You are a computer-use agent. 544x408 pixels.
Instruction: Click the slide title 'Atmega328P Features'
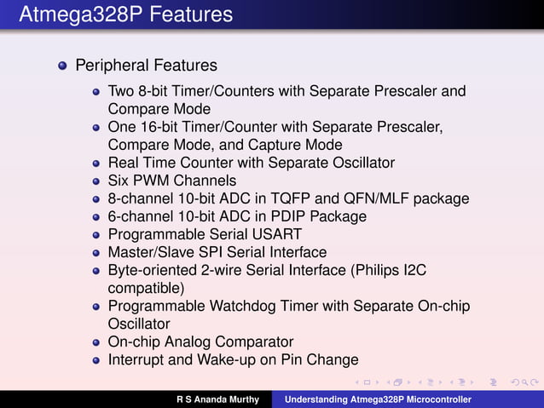pyautogui.click(x=125, y=14)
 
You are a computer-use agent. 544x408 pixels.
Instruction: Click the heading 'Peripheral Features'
pyautogui.click(x=146, y=66)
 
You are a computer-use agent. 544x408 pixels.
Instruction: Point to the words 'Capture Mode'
pyautogui.click(x=298, y=145)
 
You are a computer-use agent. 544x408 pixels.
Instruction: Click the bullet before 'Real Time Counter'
pyautogui.click(x=97, y=163)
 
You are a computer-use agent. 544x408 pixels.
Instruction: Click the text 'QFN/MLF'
pyautogui.click(x=374, y=198)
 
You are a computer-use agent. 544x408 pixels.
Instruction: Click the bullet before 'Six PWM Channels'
pyautogui.click(x=97, y=181)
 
